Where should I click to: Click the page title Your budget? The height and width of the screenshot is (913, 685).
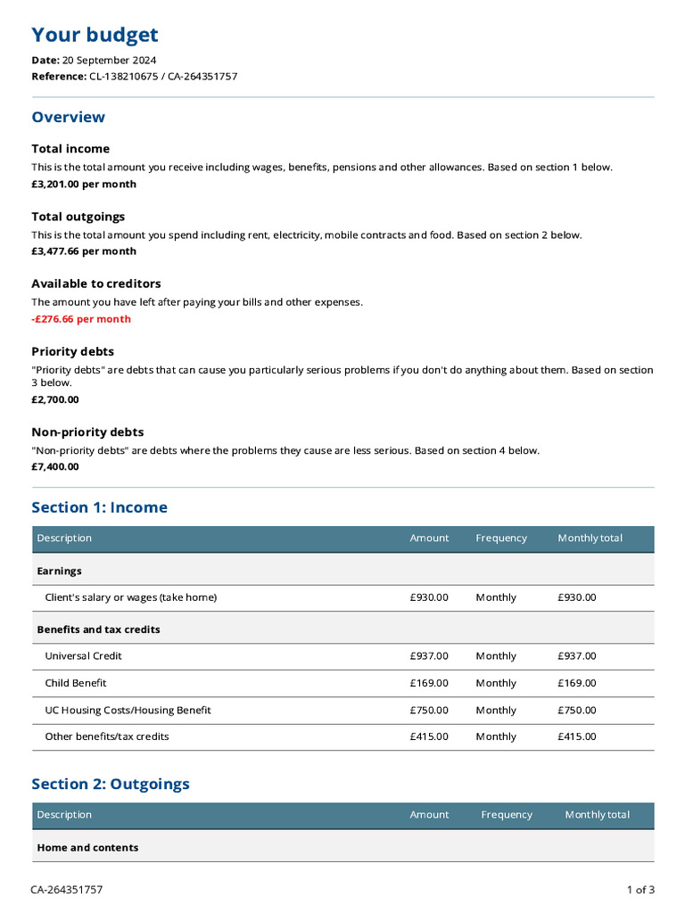(95, 36)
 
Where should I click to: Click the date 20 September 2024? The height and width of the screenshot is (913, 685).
(109, 61)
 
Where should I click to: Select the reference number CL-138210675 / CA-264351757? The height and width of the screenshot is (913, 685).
(162, 77)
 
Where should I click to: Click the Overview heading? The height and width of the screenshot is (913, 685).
(68, 117)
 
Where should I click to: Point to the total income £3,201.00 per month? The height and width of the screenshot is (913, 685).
(84, 185)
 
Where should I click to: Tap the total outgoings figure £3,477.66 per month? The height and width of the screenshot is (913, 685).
(84, 251)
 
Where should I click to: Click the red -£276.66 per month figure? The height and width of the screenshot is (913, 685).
(81, 319)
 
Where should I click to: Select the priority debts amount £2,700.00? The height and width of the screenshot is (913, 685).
(55, 399)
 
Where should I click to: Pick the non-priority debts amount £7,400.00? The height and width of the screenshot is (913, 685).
(55, 466)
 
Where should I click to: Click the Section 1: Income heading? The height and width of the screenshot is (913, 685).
(99, 507)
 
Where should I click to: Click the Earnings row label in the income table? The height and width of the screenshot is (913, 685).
(59, 571)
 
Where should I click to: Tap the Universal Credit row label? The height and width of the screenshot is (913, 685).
(83, 656)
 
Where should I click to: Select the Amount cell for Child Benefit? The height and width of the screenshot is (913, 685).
(429, 683)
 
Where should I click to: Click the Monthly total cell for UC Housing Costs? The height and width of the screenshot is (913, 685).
(577, 711)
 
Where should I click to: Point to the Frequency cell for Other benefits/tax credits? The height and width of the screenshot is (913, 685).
(496, 737)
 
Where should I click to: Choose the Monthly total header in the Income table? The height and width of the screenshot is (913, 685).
(590, 539)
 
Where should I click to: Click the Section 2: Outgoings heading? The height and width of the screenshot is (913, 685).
(111, 785)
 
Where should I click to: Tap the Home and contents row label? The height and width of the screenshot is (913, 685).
(87, 848)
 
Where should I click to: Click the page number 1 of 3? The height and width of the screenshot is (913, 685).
(640, 890)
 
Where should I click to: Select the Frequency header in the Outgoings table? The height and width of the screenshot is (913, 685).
(507, 815)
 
